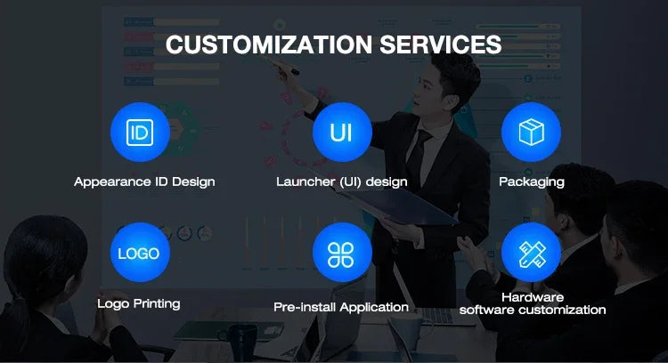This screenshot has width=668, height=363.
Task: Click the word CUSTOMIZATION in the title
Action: coord(269,44)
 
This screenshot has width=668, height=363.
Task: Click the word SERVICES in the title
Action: coord(441,44)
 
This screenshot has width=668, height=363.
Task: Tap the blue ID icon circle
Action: coord(140,133)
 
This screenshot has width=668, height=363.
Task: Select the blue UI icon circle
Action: coord(342,133)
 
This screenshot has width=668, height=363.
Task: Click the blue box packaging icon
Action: coord(531,133)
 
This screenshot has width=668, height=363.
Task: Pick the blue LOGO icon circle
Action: coord(140,253)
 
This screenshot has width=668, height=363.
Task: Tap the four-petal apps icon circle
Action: coord(342,253)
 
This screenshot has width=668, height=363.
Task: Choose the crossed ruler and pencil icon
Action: coord(531,253)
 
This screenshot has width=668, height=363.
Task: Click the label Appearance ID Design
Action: coord(144,182)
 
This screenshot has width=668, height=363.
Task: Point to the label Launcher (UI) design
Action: coord(342,182)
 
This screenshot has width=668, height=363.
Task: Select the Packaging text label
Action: coord(532,182)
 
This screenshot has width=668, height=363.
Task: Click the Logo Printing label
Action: coord(139,304)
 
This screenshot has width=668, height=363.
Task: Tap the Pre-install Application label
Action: coord(341,307)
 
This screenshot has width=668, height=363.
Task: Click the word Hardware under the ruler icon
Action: coord(533,297)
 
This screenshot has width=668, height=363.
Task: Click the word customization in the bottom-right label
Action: coord(563,310)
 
